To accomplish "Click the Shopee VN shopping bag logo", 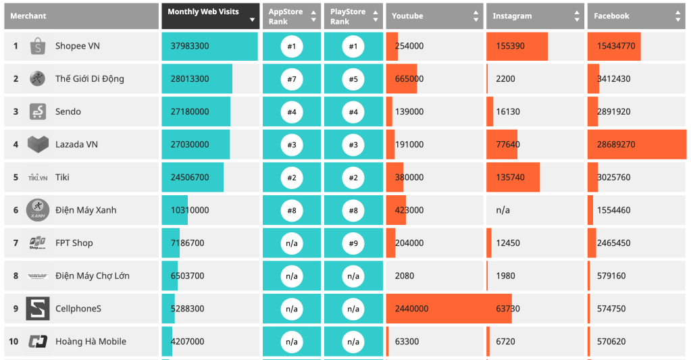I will click(38, 47).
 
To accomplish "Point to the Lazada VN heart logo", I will click(38, 145).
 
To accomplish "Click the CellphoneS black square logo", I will click(38, 309).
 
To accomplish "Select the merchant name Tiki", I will click(62, 178).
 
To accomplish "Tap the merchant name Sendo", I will click(68, 112).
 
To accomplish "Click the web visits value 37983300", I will click(190, 47).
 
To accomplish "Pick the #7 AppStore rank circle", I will click(292, 79).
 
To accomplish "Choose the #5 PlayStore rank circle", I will click(353, 79).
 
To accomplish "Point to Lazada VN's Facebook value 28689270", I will click(616, 145).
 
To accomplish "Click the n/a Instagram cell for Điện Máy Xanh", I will click(503, 210).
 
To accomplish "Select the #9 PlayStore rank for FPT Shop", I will click(353, 243).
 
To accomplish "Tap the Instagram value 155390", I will click(510, 47).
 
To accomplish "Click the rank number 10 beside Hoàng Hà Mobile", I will click(14, 342).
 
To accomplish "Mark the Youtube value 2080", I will click(405, 276).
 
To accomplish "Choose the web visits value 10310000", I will click(190, 210).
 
